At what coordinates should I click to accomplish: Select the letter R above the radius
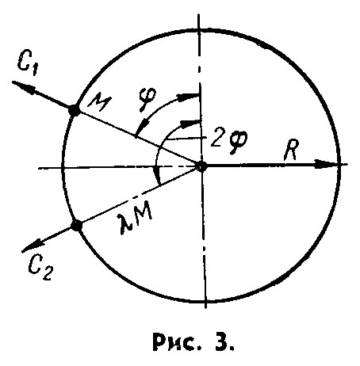coord(291,150)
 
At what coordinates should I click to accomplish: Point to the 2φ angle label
coord(229,142)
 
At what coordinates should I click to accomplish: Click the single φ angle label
coord(149,100)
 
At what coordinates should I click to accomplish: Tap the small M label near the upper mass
coord(99,102)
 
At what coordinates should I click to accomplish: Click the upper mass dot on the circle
coord(74,110)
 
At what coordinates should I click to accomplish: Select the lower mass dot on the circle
coord(76,226)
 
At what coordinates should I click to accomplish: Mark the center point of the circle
coord(202,166)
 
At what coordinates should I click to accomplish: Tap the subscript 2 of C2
coord(47,273)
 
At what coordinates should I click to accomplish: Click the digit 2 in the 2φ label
coord(217,139)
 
